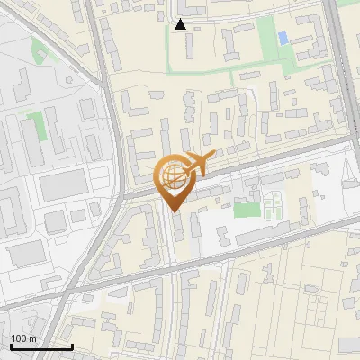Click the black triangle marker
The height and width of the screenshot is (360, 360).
pos(180,25)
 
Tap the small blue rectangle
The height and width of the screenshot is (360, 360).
pos(283,38)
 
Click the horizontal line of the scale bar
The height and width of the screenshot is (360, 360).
pos(41,346)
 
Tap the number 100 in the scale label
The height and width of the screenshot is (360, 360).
pos(18,338)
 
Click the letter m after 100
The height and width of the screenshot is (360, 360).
pos(32,338)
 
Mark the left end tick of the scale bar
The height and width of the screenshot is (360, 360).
pos(11,345)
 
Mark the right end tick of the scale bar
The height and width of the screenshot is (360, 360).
pos(72,345)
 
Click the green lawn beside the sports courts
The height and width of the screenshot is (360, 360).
pos(246,210)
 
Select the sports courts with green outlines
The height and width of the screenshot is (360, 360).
pos(273,209)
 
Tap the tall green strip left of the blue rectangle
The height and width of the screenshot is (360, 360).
pos(265,36)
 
